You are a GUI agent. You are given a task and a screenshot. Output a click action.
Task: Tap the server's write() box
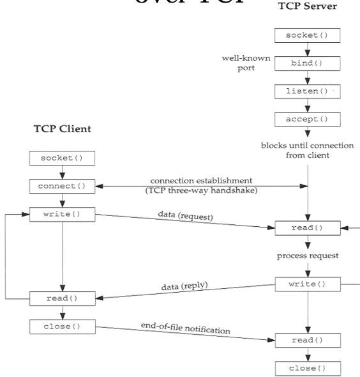click(x=308, y=283)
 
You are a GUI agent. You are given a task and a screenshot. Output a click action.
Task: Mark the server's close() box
click(x=308, y=368)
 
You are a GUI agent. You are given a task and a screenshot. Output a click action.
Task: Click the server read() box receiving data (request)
click(x=308, y=227)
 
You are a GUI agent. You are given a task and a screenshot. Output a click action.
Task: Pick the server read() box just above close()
click(x=308, y=340)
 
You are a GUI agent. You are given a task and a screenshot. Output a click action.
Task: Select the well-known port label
click(x=246, y=63)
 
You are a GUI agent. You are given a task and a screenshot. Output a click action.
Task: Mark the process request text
click(x=308, y=256)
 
